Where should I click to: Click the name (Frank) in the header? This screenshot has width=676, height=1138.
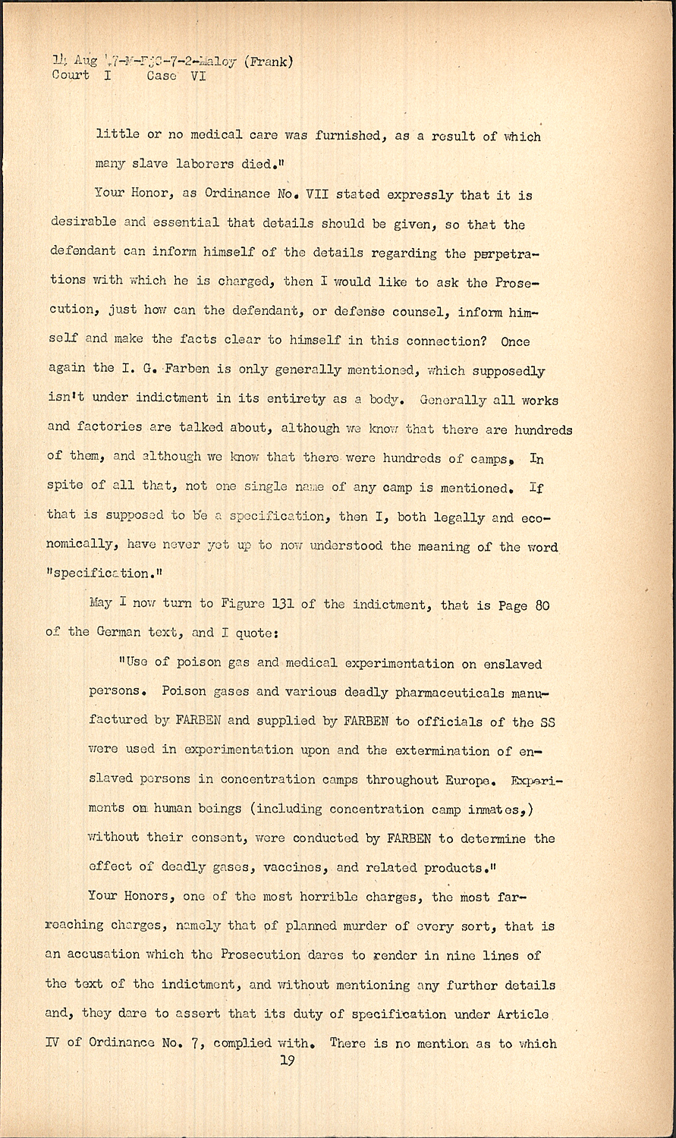(x=266, y=62)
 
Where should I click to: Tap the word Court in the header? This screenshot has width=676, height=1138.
(x=71, y=76)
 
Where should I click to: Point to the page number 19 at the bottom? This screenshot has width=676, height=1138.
(x=287, y=1061)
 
